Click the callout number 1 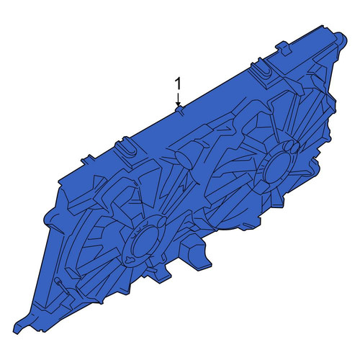point(178,84)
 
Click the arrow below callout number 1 point(178,99)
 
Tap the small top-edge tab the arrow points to point(180,109)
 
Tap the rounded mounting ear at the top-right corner point(341,41)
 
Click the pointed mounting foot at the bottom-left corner point(22,325)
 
